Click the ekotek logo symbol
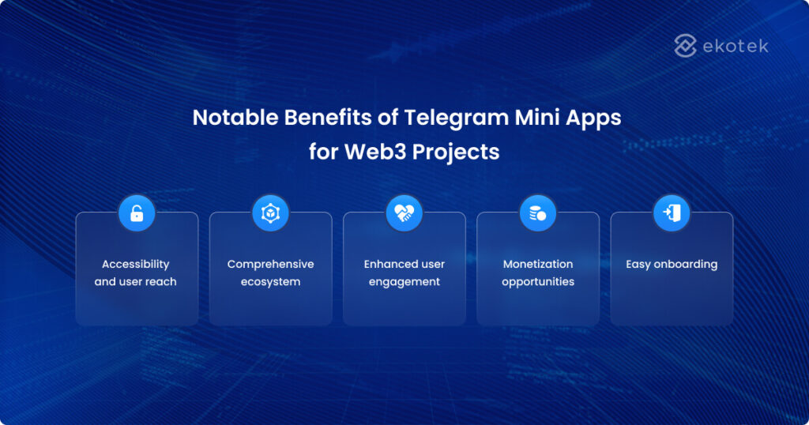click(x=685, y=46)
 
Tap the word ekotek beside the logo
click(x=735, y=46)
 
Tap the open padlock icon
click(x=137, y=213)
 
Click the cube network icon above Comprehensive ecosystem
click(x=270, y=213)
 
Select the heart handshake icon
click(x=404, y=213)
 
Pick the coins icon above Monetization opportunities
click(x=538, y=213)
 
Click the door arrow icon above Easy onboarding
click(x=672, y=213)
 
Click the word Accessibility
click(x=136, y=264)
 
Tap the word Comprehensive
click(x=270, y=264)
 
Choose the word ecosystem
click(x=270, y=282)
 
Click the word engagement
click(x=404, y=282)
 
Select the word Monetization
click(x=538, y=264)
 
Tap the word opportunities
click(x=538, y=282)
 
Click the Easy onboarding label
click(x=672, y=264)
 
